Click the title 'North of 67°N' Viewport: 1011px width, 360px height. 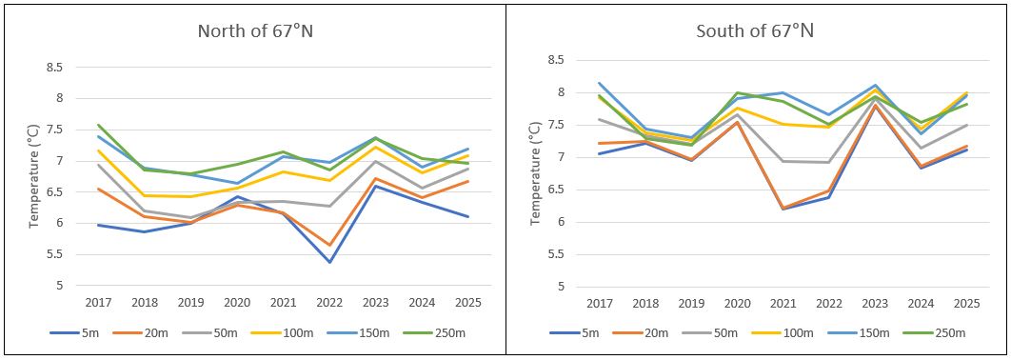(255, 30)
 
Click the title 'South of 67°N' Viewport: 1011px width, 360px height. (755, 30)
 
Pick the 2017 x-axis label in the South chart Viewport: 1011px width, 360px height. (600, 302)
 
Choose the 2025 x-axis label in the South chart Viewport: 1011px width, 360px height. (967, 302)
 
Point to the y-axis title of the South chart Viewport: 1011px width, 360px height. (535, 177)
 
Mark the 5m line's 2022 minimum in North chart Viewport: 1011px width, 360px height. (329, 262)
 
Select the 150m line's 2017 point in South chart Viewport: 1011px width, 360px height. (600, 83)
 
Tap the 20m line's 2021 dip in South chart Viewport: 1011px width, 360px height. (783, 209)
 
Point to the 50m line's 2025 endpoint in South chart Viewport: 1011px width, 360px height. (967, 125)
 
